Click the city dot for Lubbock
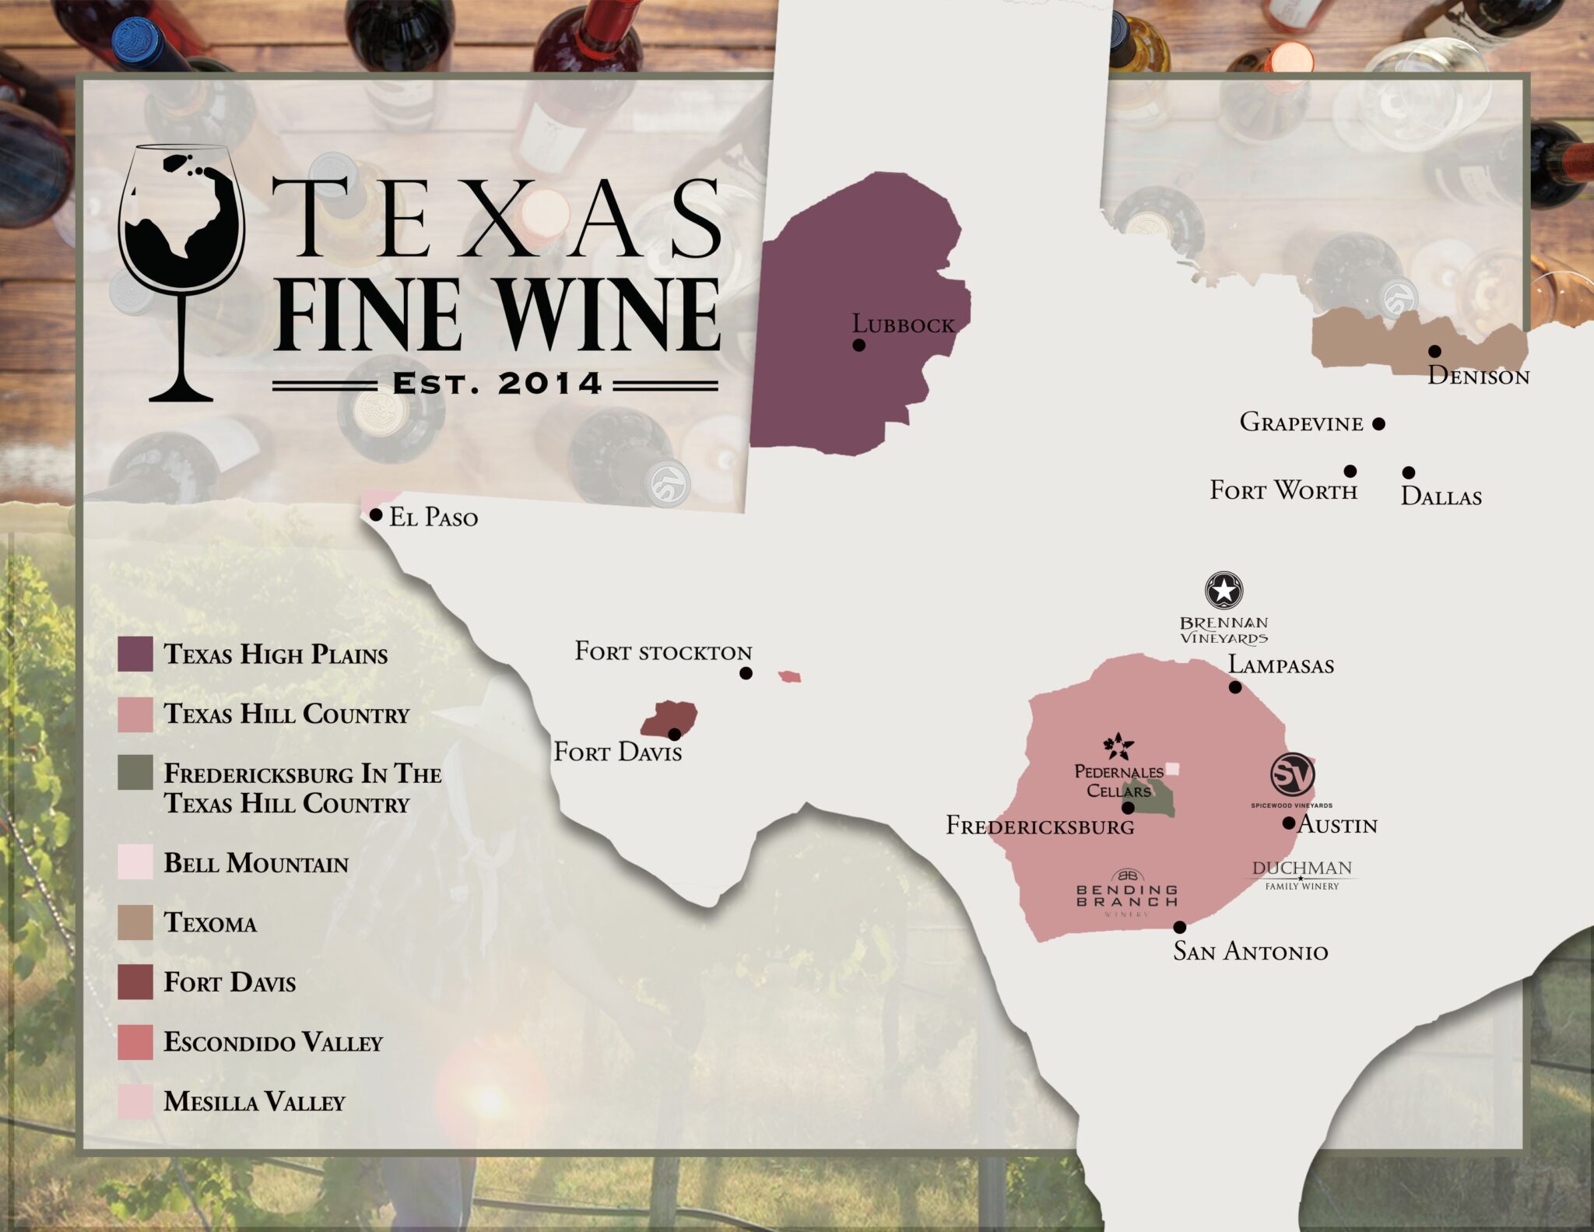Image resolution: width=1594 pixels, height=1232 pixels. [858, 345]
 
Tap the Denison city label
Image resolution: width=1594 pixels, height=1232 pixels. [1478, 377]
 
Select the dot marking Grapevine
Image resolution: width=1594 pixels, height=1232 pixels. [1378, 423]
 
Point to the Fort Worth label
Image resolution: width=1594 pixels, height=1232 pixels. [1283, 490]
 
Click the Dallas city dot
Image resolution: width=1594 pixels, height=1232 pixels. [1409, 472]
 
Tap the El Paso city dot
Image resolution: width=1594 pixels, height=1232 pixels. [376, 514]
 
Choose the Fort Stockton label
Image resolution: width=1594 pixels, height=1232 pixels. [663, 651]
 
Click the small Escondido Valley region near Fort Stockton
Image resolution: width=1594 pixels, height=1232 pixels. [789, 676]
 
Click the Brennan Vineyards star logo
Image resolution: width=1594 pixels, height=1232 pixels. [1224, 590]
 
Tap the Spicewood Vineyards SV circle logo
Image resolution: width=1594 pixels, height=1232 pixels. [1292, 774]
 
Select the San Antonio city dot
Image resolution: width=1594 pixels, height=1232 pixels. [1180, 927]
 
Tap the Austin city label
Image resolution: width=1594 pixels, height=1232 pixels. [1337, 825]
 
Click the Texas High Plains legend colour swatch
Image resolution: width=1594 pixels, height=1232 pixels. [135, 654]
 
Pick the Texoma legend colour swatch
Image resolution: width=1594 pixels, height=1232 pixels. [135, 922]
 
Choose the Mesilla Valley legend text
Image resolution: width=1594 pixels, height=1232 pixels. [254, 1101]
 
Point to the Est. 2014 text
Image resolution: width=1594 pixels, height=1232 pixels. [497, 384]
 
